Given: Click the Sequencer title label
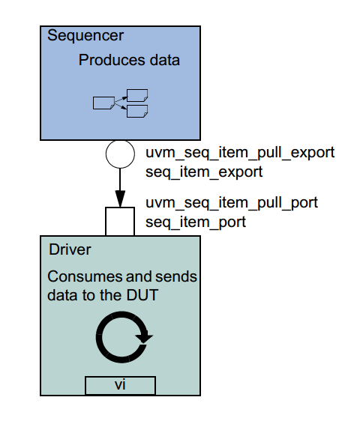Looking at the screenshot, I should coord(85,35).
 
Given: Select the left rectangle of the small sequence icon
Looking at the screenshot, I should coord(102,103).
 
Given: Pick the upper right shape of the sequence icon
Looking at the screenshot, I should coord(136,95).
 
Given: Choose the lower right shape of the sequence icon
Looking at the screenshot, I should coord(136,111).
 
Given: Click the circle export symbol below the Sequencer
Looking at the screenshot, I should coord(119,154).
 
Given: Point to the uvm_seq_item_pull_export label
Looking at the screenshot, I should coord(239,153).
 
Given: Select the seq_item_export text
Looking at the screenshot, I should coord(203,172).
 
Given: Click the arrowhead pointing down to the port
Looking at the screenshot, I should coord(119,198).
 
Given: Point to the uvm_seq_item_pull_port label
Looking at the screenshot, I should coord(231,202).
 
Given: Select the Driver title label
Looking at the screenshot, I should coord(70,249).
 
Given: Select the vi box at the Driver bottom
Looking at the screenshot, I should coord(120,385).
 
